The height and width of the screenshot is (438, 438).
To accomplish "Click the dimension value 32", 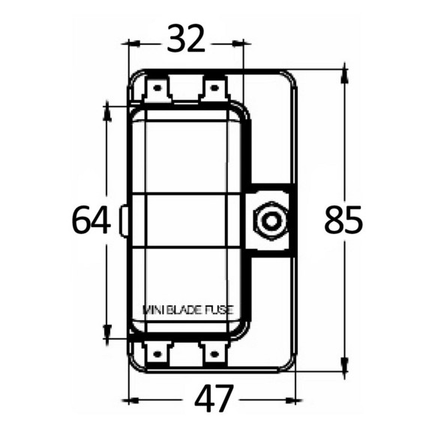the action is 186,39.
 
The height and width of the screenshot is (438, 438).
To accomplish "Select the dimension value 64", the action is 91,220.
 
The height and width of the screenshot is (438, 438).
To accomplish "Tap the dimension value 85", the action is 343,219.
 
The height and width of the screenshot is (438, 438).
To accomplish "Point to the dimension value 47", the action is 214,398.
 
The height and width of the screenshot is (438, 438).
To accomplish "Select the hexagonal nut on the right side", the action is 270,220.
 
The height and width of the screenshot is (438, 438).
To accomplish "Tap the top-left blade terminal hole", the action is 157,88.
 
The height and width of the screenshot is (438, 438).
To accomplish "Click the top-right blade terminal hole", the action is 214,88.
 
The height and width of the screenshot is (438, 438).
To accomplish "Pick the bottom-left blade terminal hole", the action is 157,355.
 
